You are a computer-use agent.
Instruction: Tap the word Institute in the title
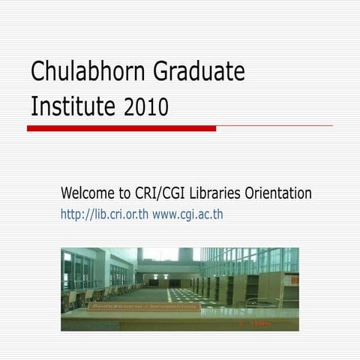click(73, 106)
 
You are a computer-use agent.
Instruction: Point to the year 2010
click(146, 107)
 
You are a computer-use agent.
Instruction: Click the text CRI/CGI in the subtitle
click(160, 193)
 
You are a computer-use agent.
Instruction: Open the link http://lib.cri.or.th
click(104, 215)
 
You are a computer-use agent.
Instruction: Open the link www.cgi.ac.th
click(187, 215)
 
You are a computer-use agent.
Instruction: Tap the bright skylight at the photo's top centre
click(160, 254)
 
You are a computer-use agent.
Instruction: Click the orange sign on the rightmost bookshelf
click(294, 280)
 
